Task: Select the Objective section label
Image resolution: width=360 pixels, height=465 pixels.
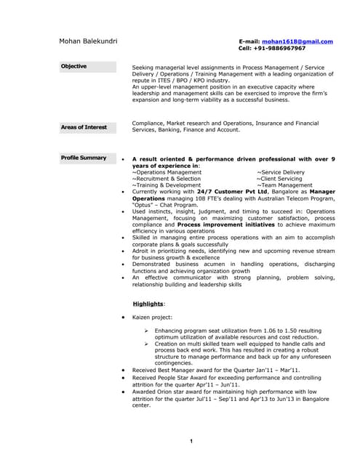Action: (x=73, y=67)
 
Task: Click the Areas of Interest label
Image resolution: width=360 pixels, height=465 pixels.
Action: (x=84, y=127)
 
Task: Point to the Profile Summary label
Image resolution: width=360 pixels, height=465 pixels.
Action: (x=84, y=158)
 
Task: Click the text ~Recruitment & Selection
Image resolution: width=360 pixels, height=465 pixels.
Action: (x=166, y=179)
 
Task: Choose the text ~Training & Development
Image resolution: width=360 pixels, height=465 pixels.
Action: (x=166, y=185)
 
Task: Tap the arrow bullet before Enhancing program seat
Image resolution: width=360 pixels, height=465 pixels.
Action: (x=146, y=331)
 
